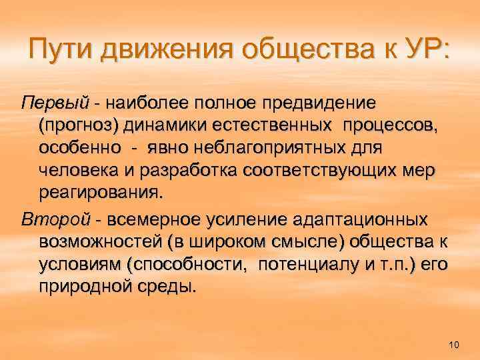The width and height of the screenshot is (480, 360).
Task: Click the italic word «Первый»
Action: [55, 105]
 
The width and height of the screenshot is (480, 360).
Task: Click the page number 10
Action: [455, 344]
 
